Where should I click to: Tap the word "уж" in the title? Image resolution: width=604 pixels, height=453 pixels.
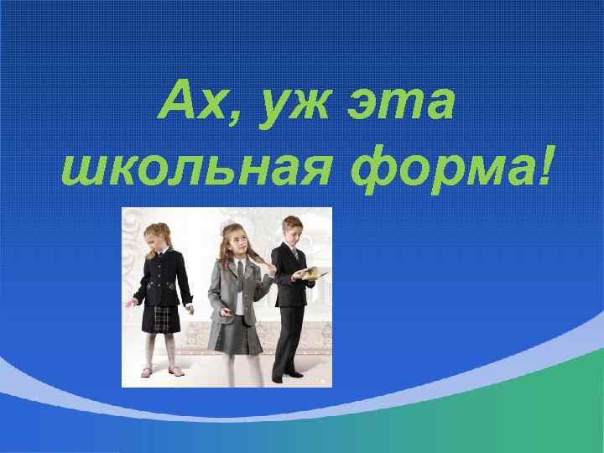(290, 106)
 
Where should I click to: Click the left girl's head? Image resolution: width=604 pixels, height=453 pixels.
(156, 236)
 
